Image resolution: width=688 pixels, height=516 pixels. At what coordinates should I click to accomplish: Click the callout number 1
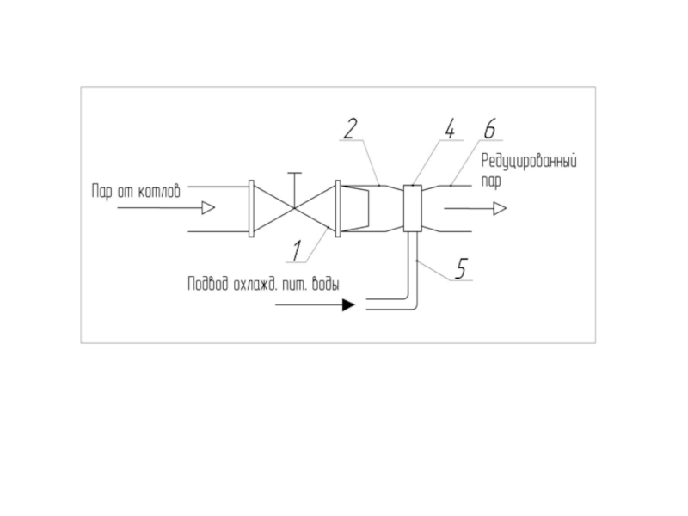(x=296, y=250)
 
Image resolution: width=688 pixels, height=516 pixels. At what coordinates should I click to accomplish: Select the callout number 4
(x=449, y=129)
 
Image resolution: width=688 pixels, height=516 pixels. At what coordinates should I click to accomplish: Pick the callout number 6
(x=488, y=129)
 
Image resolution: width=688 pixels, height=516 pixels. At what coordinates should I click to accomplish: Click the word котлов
(x=160, y=192)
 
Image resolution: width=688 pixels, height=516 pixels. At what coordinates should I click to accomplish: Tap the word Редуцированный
(x=527, y=161)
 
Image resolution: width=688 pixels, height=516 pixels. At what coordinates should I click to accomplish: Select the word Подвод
(x=207, y=285)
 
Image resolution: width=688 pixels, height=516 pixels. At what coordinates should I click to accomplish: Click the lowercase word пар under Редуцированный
(x=492, y=181)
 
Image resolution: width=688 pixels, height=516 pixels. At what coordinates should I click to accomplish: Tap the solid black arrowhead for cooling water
(x=347, y=304)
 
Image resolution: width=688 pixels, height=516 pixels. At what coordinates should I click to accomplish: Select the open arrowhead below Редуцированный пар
(x=500, y=208)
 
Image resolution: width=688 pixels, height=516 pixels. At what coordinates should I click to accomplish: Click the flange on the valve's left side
(x=250, y=208)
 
